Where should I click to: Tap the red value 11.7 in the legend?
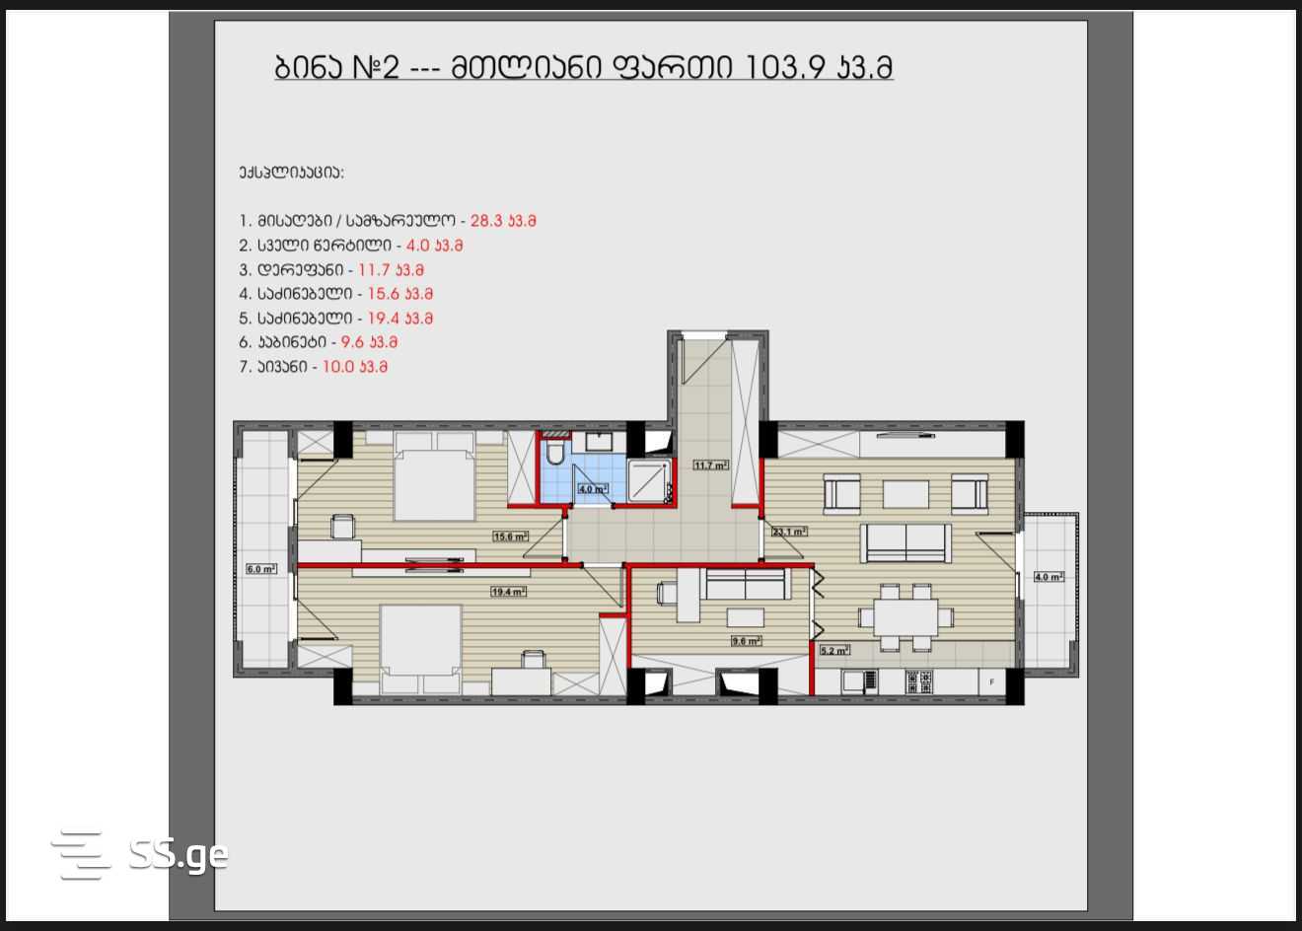click(x=373, y=270)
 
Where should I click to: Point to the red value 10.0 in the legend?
click(x=337, y=367)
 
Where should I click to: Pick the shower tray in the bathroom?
click(x=649, y=480)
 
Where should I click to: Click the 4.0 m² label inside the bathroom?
click(x=593, y=489)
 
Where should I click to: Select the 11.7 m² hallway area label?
click(x=710, y=465)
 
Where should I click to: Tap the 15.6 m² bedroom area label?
click(x=510, y=537)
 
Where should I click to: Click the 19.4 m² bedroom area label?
click(x=509, y=592)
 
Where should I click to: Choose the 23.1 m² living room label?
click(x=789, y=532)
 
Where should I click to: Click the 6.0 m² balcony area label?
click(x=261, y=569)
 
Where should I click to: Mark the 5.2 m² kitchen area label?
click(x=834, y=651)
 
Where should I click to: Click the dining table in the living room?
click(x=905, y=617)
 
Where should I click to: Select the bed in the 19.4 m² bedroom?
click(x=421, y=649)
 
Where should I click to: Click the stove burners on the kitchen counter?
click(x=919, y=681)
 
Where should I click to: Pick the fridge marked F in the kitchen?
click(x=991, y=681)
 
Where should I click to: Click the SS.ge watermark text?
click(x=179, y=855)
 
